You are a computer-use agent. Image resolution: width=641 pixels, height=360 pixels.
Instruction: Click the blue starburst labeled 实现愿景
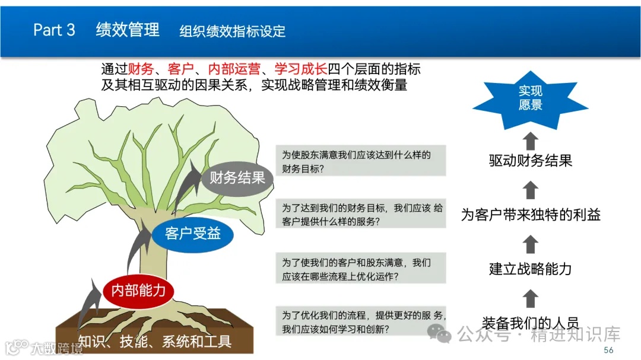click(530, 98)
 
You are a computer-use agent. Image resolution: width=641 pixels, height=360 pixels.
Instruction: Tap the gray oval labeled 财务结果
click(237, 177)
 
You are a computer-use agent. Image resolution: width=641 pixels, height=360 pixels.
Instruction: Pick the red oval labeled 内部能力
click(138, 290)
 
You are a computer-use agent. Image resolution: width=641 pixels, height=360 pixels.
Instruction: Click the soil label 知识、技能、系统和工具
click(154, 341)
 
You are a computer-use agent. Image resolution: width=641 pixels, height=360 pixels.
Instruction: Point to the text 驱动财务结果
click(530, 161)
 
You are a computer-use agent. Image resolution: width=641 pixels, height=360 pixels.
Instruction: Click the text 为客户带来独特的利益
click(531, 214)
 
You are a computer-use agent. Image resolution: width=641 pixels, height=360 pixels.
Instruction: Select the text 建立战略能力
click(530, 268)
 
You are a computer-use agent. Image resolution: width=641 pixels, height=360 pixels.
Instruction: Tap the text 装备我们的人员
click(530, 323)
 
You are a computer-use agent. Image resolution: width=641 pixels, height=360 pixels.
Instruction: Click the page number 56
click(608, 350)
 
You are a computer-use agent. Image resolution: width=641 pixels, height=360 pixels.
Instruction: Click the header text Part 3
click(54, 30)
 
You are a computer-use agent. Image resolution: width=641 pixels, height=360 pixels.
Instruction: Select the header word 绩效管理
click(128, 30)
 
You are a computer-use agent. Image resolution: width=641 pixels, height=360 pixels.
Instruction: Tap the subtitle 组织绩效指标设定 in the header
click(233, 31)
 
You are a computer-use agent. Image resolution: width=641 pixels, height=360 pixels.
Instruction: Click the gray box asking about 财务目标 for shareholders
click(361, 161)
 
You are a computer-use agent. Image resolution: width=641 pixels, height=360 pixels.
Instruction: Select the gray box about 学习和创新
click(361, 321)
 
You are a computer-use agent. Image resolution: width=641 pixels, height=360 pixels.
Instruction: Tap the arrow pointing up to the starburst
click(531, 141)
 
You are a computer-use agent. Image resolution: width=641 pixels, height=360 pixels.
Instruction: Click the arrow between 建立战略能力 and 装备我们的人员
click(531, 298)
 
